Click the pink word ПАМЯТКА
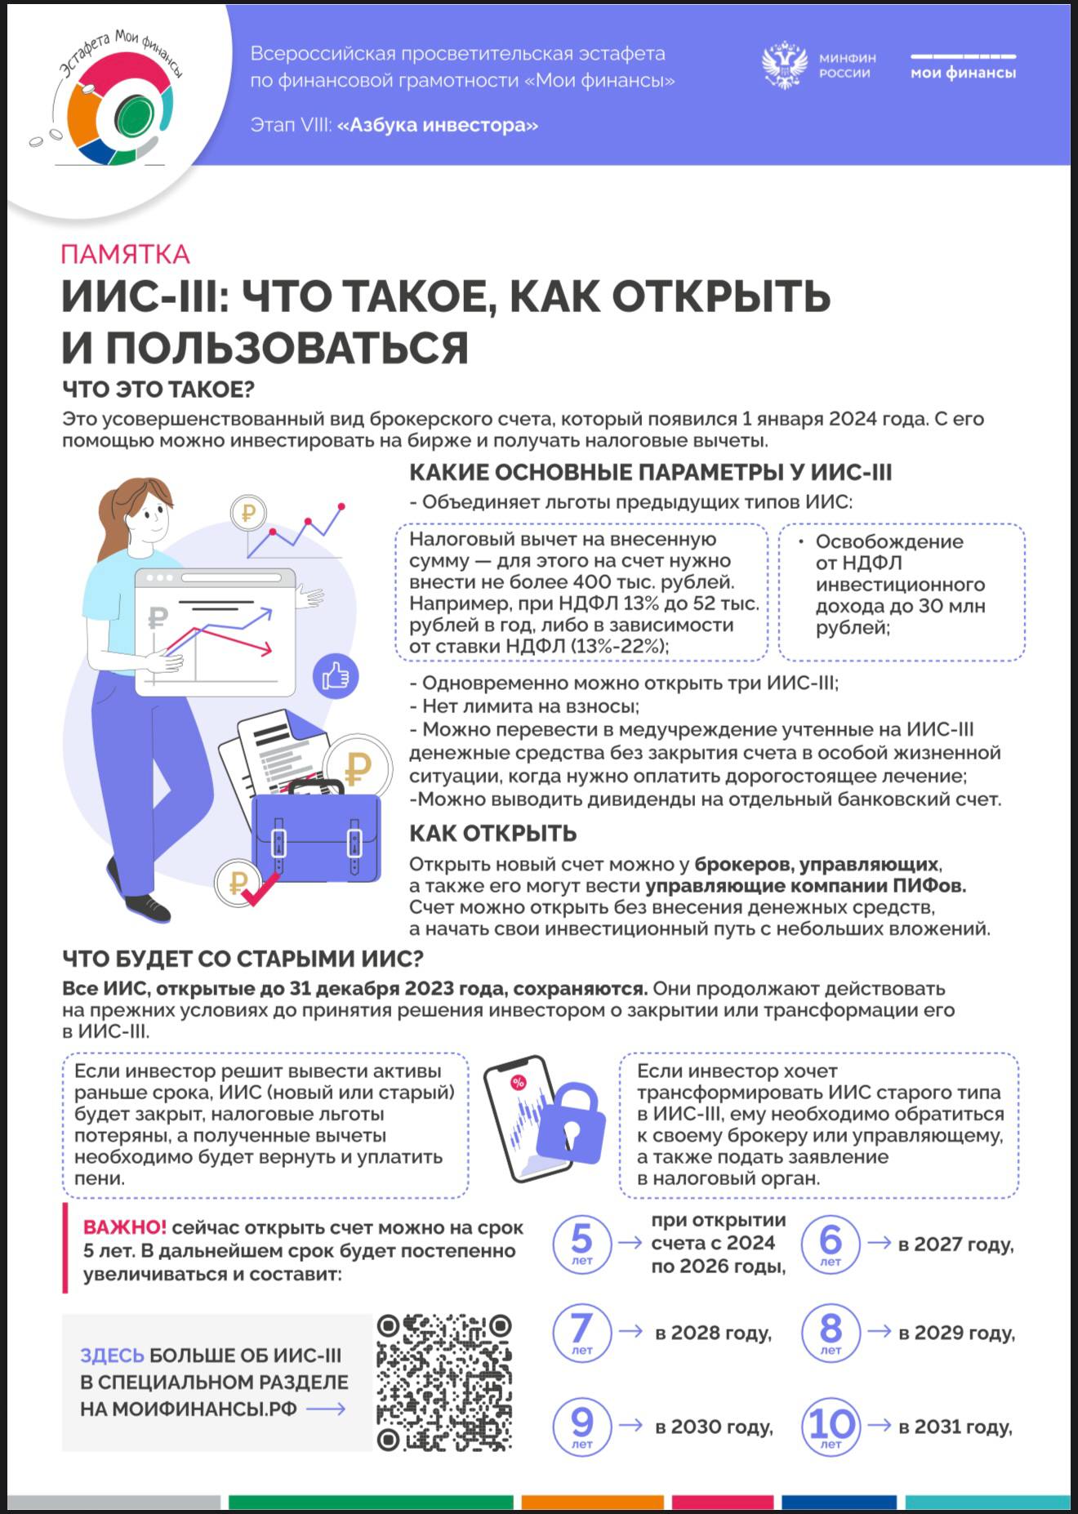point(125,255)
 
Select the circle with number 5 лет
point(581,1243)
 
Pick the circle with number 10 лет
point(831,1427)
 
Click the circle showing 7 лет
point(581,1332)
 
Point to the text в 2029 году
point(956,1333)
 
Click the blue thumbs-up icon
point(336,676)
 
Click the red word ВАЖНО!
point(124,1227)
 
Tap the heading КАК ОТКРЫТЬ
point(492,834)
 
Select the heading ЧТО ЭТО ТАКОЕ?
point(158,390)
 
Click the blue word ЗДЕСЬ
point(111,1356)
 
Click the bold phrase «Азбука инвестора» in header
point(438,125)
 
